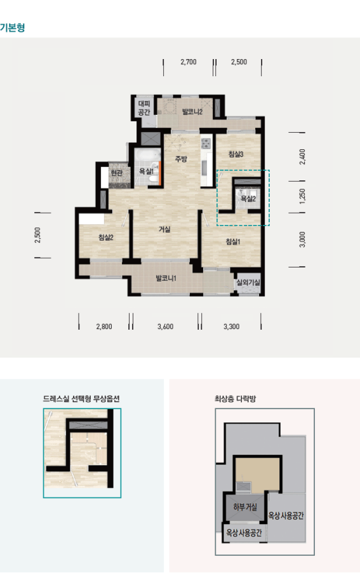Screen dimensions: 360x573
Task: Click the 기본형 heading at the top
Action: tap(13, 28)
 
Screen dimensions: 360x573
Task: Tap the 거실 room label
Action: tap(164, 229)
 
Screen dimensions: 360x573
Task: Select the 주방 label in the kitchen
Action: tap(181, 159)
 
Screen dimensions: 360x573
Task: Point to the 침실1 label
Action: tap(233, 241)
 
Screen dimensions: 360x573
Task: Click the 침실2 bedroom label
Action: tap(106, 238)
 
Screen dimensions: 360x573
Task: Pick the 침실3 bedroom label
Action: tap(236, 154)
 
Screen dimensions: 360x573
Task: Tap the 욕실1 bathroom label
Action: tap(147, 171)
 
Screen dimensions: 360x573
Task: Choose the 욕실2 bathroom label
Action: tap(248, 199)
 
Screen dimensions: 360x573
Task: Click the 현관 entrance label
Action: tap(116, 173)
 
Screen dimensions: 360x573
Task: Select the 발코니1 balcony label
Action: tap(166, 278)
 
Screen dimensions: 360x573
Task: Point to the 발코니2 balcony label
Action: tap(192, 112)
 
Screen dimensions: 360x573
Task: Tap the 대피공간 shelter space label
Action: tap(144, 108)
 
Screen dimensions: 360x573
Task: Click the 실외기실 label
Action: tap(248, 283)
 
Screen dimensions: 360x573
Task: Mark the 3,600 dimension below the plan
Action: tap(165, 327)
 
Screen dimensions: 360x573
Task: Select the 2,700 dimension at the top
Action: tap(189, 62)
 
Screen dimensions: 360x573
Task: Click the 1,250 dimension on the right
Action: tap(302, 196)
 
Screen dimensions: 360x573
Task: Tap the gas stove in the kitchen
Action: tap(206, 144)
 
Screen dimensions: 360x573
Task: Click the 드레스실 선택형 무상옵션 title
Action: tap(81, 399)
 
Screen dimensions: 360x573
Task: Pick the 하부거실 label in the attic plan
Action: tap(245, 507)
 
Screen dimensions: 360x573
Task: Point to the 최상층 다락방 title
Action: tap(235, 399)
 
